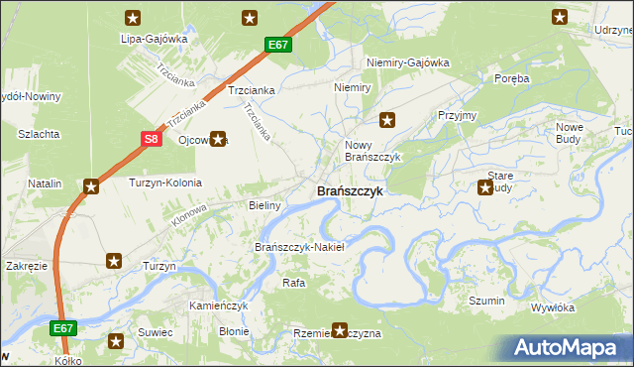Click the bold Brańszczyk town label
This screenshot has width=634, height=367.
(x=350, y=190)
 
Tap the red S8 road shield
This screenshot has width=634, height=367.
(x=150, y=140)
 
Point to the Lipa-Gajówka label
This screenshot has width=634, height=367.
(x=154, y=39)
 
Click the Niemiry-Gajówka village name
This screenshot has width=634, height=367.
(x=407, y=62)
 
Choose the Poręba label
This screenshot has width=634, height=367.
(x=512, y=77)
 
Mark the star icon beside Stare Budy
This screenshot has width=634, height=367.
(x=485, y=186)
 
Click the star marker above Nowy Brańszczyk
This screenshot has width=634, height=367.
(x=387, y=121)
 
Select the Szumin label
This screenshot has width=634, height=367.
(x=487, y=301)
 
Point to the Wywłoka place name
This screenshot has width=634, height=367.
(x=553, y=307)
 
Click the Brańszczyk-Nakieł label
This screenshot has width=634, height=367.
(x=299, y=247)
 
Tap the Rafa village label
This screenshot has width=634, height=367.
(x=293, y=283)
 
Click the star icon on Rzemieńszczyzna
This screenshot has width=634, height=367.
(x=341, y=330)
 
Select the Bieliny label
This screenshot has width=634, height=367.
(x=265, y=205)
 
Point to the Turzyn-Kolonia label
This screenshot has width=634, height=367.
(x=165, y=183)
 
